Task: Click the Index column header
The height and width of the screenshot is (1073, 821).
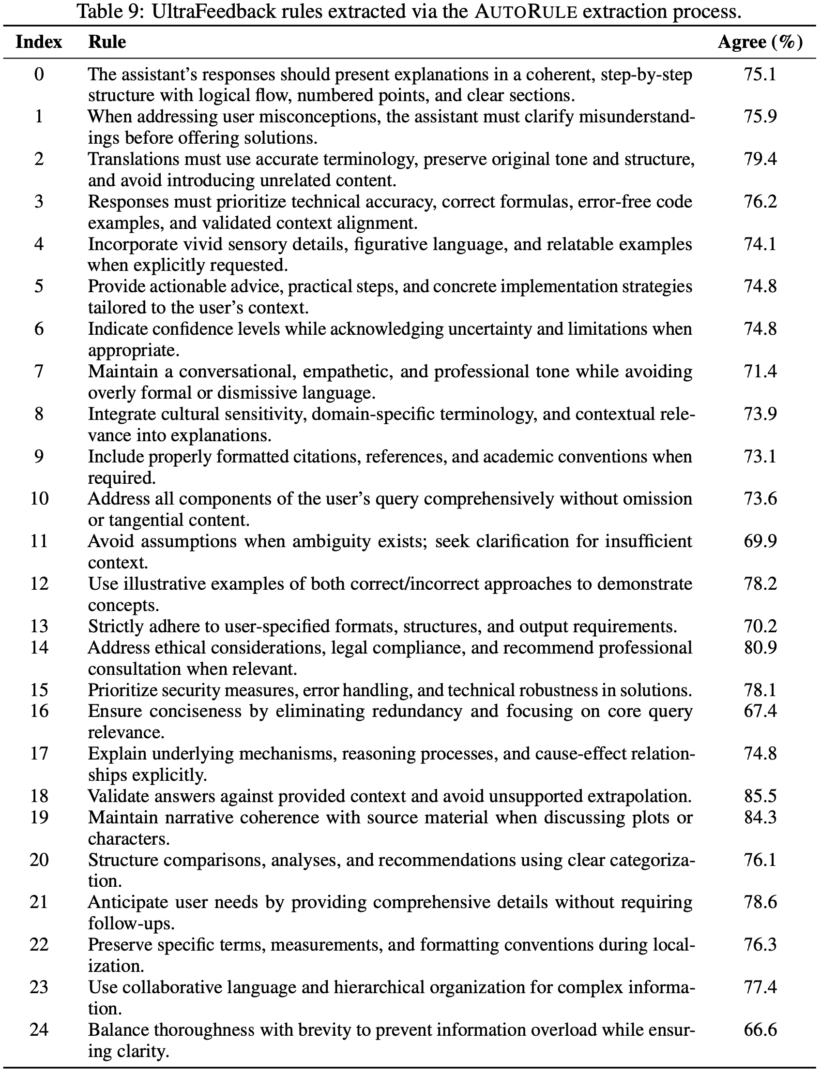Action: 39,42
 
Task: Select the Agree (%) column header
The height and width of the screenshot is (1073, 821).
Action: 760,42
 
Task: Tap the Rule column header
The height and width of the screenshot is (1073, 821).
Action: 107,42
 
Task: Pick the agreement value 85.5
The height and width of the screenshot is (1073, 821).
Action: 760,796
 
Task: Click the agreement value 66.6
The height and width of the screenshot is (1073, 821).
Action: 760,1029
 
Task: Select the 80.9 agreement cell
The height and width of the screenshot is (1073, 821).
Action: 760,647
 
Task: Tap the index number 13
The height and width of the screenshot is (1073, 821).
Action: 39,626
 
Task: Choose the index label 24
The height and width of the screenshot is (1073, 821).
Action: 39,1029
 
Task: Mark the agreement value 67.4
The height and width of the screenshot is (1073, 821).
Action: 760,711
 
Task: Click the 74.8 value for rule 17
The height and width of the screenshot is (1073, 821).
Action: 760,754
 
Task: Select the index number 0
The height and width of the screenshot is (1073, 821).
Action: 39,74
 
